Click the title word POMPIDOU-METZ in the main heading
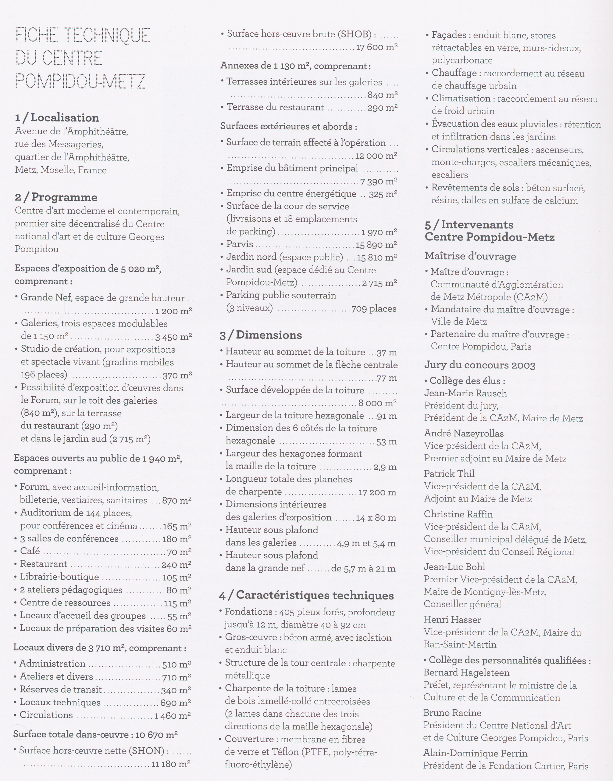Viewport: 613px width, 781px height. click(x=80, y=81)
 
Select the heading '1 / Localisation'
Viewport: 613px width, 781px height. click(x=57, y=118)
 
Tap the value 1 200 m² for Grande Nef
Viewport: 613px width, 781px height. click(x=173, y=311)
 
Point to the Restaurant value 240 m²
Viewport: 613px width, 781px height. click(x=176, y=565)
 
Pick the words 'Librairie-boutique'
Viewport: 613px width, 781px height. click(x=59, y=577)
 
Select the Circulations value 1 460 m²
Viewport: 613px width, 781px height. click(x=172, y=716)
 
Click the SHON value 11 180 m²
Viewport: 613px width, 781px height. click(x=170, y=764)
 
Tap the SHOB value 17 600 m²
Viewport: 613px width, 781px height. click(x=376, y=47)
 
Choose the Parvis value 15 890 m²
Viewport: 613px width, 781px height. click(x=376, y=245)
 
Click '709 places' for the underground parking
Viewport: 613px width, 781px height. click(x=374, y=309)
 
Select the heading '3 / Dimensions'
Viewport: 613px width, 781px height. click(x=261, y=335)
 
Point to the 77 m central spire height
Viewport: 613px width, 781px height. click(x=387, y=378)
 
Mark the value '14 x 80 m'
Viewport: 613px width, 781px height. click(x=376, y=518)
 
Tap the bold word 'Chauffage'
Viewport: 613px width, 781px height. click(x=454, y=73)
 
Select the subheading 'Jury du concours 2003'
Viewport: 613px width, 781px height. click(x=479, y=365)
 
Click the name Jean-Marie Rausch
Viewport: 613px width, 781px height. click(x=465, y=393)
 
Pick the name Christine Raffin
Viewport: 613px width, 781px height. click(x=458, y=514)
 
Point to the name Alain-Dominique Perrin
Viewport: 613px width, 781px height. click(x=475, y=753)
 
